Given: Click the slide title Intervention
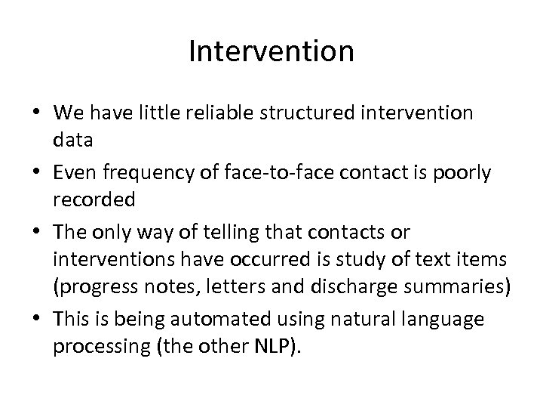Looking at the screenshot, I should pyautogui.click(x=271, y=51).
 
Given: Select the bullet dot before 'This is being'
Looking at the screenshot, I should pyautogui.click(x=38, y=320).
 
